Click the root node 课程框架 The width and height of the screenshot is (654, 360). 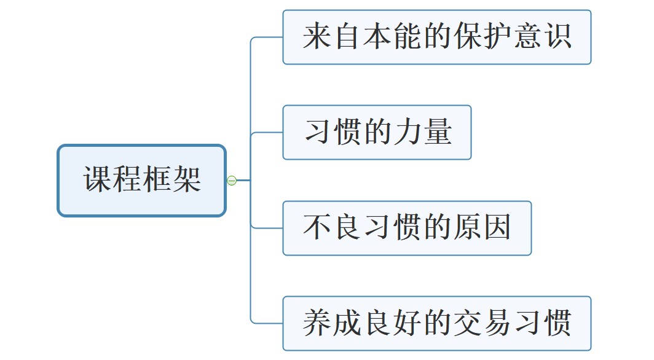(142, 180)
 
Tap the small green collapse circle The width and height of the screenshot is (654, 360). (232, 181)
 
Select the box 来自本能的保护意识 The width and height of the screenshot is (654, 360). (436, 37)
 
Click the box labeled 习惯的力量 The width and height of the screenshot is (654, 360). (377, 132)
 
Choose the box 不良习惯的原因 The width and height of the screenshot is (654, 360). (407, 228)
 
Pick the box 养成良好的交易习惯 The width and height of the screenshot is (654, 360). (436, 323)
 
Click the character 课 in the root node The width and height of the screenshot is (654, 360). (98, 180)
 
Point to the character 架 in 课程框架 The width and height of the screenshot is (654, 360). (187, 180)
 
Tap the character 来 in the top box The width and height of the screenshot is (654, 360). (317, 37)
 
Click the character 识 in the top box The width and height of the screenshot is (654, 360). (556, 37)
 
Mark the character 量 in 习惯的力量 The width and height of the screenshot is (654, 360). (437, 132)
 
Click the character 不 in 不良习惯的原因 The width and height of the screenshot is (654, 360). (317, 228)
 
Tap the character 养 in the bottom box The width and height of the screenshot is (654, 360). (317, 323)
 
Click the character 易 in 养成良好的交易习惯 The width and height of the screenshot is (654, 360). (497, 323)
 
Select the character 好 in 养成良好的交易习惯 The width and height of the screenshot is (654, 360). (407, 323)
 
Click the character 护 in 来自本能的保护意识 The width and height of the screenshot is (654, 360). (497, 37)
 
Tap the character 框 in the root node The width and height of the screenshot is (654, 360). (157, 180)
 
